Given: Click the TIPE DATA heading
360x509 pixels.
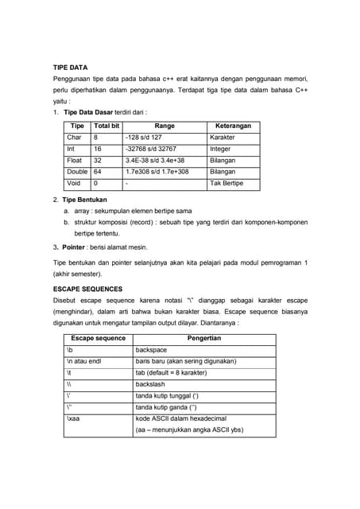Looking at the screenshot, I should [x=70, y=68].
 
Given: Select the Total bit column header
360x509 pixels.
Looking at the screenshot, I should [x=106, y=126].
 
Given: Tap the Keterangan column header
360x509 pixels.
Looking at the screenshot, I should [x=233, y=126].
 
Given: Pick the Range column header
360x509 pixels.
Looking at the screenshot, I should [x=165, y=126].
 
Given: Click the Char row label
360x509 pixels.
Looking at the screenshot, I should [x=74, y=138].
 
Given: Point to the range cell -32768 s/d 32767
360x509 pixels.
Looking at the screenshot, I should [x=151, y=149].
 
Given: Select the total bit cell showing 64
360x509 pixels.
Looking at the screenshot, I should [x=98, y=172].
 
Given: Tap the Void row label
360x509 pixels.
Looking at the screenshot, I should [x=74, y=183].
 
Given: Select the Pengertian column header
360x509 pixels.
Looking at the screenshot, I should [x=203, y=338].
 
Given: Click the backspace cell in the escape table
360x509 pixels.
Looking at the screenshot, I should [x=152, y=350].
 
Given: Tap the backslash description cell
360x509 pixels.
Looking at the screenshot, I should [x=152, y=384].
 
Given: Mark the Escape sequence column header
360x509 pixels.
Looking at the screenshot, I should [x=98, y=338].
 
